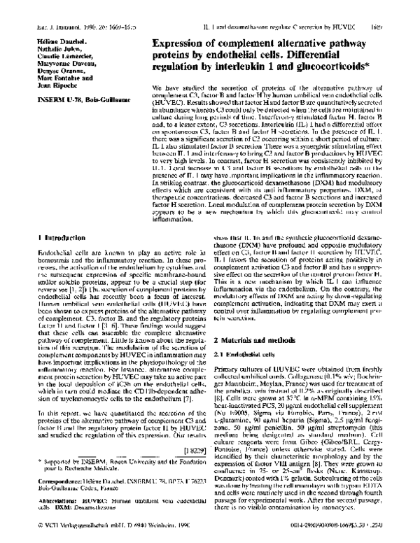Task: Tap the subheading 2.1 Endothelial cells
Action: click(x=248, y=353)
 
